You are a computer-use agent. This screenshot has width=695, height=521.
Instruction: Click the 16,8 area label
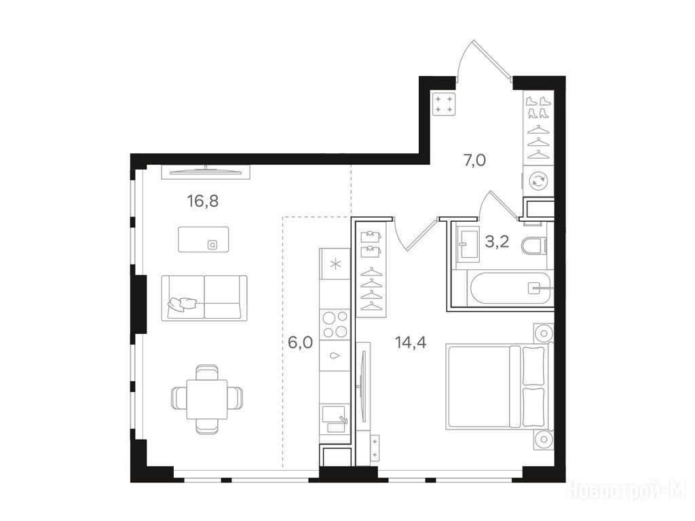pos(203,201)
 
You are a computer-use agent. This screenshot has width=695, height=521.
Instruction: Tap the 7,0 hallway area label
pos(474,160)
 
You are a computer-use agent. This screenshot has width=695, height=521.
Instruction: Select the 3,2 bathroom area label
pos(497,242)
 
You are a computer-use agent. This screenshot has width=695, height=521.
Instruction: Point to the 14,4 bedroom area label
pos(411,342)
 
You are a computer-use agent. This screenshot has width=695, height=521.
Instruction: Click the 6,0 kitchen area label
pos(301,343)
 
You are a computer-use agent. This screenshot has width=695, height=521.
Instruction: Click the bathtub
pos(509,288)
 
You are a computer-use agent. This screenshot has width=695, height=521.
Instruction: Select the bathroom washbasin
pos(468,243)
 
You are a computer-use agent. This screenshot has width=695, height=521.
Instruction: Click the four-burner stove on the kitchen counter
pos(335,324)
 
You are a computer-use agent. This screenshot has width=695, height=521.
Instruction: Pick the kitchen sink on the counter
pos(335,419)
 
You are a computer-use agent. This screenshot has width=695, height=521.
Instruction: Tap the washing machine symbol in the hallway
pos(538,180)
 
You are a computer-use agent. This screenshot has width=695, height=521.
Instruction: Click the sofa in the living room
pos(204,298)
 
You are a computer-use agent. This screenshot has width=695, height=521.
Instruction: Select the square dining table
pos(207,399)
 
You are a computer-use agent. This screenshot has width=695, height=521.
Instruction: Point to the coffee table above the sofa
pos(204,239)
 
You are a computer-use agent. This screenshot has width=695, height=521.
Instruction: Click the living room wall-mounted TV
pos(206,172)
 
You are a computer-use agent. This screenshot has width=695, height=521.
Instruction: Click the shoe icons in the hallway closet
pos(538,108)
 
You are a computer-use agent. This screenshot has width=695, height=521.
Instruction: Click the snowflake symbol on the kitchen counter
pos(335,265)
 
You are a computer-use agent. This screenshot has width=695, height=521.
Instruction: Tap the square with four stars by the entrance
pos(444,104)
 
